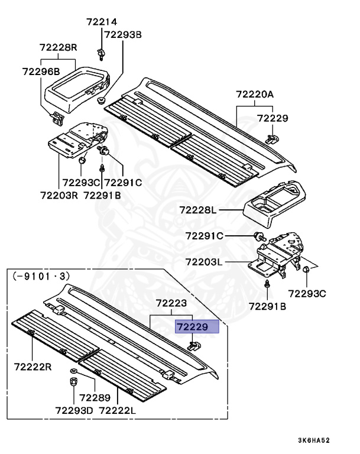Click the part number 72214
(x=101, y=22)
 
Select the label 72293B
(x=123, y=35)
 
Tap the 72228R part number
(x=59, y=47)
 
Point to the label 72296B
(x=41, y=72)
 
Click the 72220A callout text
(x=255, y=94)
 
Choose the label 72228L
(x=199, y=210)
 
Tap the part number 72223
(x=171, y=303)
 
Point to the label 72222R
(x=32, y=367)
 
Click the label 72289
(x=95, y=397)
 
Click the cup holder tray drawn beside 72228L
(x=275, y=205)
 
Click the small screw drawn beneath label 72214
(x=102, y=54)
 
